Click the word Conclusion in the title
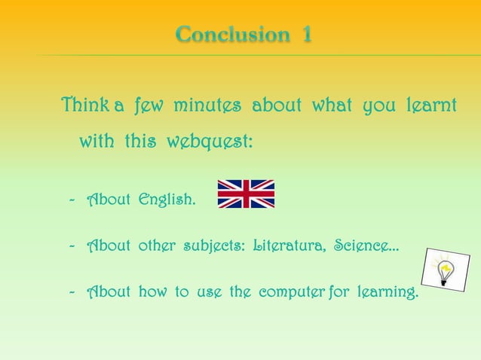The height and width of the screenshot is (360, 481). pos(231,35)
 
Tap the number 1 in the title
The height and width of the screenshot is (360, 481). pos(307,35)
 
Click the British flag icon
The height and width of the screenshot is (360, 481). pos(246,194)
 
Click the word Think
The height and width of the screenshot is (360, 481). pos(85,106)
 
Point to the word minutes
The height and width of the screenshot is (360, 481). pos(207,106)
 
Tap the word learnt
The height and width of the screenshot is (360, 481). pos(430,106)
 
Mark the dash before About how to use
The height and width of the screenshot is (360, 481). pos(72,291)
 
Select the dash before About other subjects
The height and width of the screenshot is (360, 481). pos(72,246)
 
